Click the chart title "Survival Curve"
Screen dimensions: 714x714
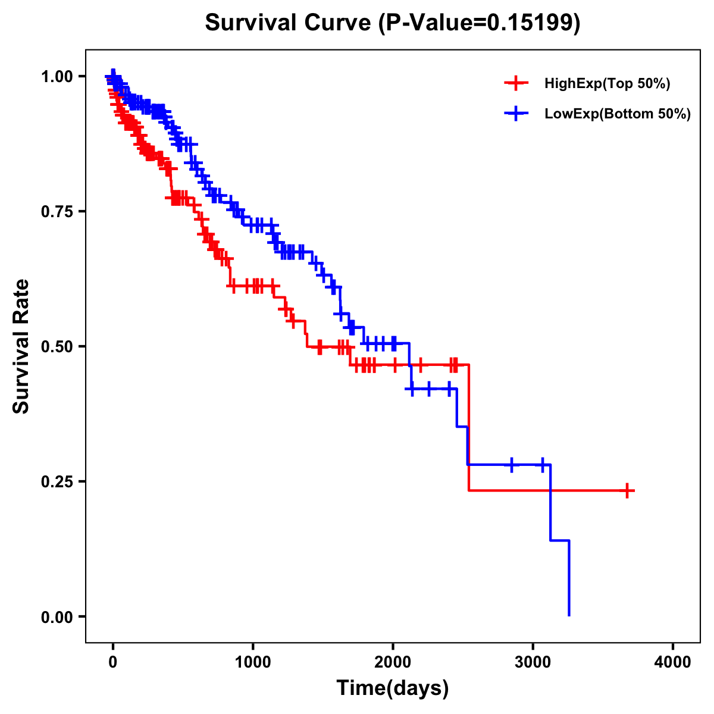tap(289, 23)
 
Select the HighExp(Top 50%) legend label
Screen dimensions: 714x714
tap(607, 84)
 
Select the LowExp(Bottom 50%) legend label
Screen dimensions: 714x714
tap(618, 114)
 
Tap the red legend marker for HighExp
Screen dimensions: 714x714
tap(516, 84)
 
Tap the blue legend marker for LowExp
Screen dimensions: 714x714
tap(516, 114)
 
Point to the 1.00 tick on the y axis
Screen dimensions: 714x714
tap(57, 77)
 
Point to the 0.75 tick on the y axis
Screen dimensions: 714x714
tap(57, 212)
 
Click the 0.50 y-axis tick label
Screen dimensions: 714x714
tap(57, 347)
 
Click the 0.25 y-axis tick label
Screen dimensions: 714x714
tap(57, 482)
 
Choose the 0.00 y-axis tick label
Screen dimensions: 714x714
tap(57, 617)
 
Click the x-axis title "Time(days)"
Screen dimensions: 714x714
tap(393, 688)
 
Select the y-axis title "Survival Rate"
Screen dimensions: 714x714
tap(21, 346)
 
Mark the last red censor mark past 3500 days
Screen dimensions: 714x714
tap(627, 490)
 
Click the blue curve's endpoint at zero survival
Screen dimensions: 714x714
tap(569, 615)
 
